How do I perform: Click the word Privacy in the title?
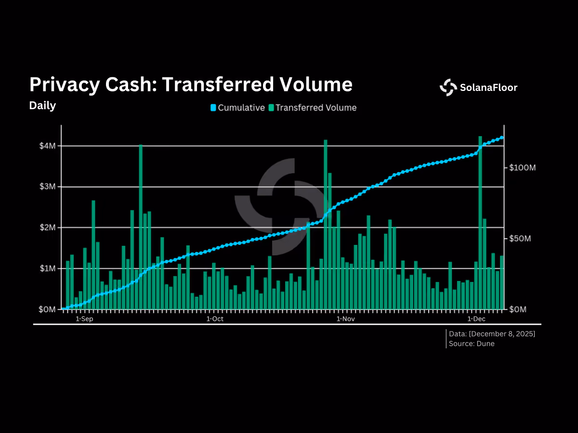pos(65,85)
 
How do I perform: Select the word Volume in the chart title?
pos(315,84)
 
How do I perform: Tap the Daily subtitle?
pos(42,106)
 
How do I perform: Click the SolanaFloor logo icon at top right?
pos(448,87)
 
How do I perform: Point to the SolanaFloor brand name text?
pos(488,88)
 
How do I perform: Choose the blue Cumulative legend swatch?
pos(213,108)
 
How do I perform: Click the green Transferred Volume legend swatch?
pos(271,108)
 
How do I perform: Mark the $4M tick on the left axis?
pos(47,146)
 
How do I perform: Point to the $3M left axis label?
pos(47,187)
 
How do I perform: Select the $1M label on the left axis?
pos(47,268)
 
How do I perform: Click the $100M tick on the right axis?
pos(523,167)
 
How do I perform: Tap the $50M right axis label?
pos(520,239)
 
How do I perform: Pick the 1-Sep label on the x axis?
pos(84,319)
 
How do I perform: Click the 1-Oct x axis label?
pos(215,319)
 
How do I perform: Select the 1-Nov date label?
pos(345,319)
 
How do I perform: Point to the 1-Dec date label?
pos(476,319)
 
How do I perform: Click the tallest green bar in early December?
pos(480,223)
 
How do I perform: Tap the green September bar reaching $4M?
pos(141,227)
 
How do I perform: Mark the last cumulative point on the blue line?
pos(502,138)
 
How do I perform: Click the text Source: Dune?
pos(472,344)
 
